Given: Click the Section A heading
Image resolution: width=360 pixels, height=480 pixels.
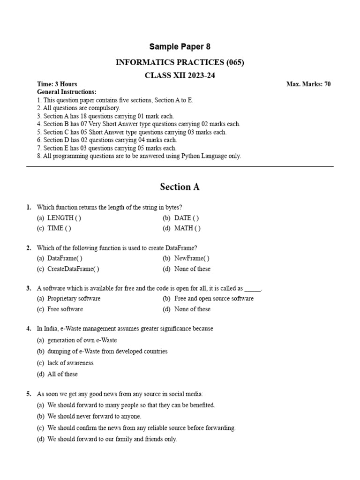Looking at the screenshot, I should [180, 187].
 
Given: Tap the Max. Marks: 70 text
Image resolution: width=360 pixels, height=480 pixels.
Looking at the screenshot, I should [308, 84].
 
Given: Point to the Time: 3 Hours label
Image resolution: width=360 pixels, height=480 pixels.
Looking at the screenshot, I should [57, 84].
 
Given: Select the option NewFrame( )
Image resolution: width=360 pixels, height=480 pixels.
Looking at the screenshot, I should [192, 258].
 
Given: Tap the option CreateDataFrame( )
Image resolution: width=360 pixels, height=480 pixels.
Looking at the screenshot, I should [73, 269].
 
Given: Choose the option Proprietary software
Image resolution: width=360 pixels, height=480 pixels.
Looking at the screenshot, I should [74, 299].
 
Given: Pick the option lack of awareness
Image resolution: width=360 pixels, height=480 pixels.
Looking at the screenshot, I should [70, 363].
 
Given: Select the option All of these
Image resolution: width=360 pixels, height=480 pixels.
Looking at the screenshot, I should [62, 374].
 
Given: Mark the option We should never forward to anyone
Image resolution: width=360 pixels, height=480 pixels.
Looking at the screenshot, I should [94, 416].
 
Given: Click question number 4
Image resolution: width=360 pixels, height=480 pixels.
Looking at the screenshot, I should [29, 329].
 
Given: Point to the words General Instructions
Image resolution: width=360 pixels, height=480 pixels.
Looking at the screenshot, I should [67, 92].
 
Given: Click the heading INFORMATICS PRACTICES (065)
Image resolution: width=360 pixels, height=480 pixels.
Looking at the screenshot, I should [180, 62].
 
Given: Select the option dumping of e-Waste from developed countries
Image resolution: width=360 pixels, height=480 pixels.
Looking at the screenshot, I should [107, 352].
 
